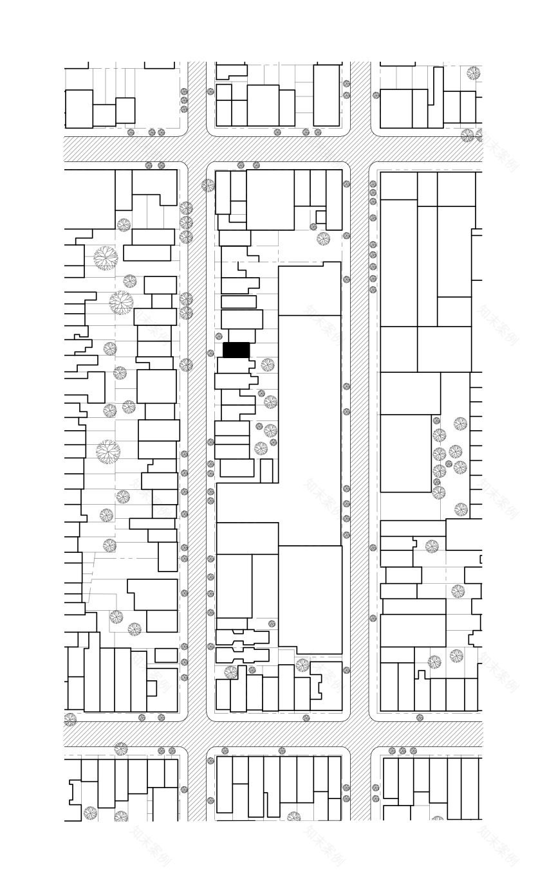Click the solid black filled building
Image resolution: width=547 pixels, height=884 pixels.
pos(236,350)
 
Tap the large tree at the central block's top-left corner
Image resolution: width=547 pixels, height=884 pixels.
pos(208,185)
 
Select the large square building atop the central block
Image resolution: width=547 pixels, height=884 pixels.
pos(270,199)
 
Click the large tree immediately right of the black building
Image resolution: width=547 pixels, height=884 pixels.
pos(267,365)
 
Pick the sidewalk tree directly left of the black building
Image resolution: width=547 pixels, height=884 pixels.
pos(210,353)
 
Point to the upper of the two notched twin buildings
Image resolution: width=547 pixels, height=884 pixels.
pos(242,637)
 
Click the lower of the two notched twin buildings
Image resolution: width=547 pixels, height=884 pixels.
pos(242,655)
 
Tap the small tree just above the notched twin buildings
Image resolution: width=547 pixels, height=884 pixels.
pos(272,624)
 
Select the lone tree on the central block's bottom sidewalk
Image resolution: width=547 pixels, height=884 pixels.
pos(306,717)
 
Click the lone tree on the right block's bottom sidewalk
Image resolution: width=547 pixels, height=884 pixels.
pos(420,717)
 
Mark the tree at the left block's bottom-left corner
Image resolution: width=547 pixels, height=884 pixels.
pos(70,719)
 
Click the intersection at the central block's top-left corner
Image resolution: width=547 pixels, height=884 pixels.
pos(197,149)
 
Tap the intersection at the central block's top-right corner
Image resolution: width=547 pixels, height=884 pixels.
pos(360,149)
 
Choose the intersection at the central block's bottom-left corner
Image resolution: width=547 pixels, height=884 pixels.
pos(197,734)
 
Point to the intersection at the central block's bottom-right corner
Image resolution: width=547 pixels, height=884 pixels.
pos(360,734)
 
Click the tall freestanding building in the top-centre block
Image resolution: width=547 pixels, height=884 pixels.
pos(326,95)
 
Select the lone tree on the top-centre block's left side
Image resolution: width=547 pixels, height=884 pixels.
pos(210,91)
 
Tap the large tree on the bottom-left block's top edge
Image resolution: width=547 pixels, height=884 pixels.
pos(121,749)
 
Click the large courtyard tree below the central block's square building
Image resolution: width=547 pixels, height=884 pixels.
pos(323,239)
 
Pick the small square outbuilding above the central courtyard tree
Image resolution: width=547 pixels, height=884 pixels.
pos(319,216)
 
